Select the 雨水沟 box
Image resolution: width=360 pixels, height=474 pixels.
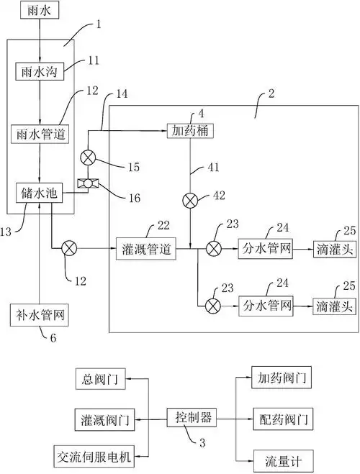(x=40, y=72)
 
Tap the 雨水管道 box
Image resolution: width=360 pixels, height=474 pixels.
(x=40, y=134)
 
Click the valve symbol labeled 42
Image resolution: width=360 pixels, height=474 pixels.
(x=189, y=199)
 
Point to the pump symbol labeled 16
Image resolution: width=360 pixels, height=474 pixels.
(x=90, y=184)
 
